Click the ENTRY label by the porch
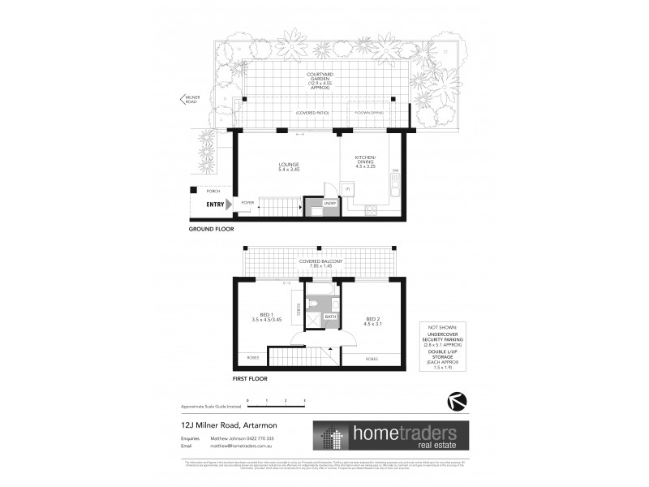click(215, 205)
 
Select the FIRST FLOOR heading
click(251, 378)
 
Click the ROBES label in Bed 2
click(372, 357)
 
